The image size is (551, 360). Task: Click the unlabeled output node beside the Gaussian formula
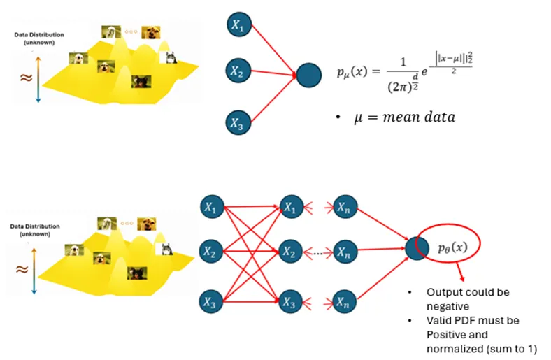pos(308,75)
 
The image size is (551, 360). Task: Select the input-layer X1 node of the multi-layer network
pos(210,207)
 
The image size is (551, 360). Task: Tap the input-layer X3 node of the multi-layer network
pos(210,303)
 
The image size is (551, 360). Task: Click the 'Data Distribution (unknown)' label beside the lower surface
pos(35,231)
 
